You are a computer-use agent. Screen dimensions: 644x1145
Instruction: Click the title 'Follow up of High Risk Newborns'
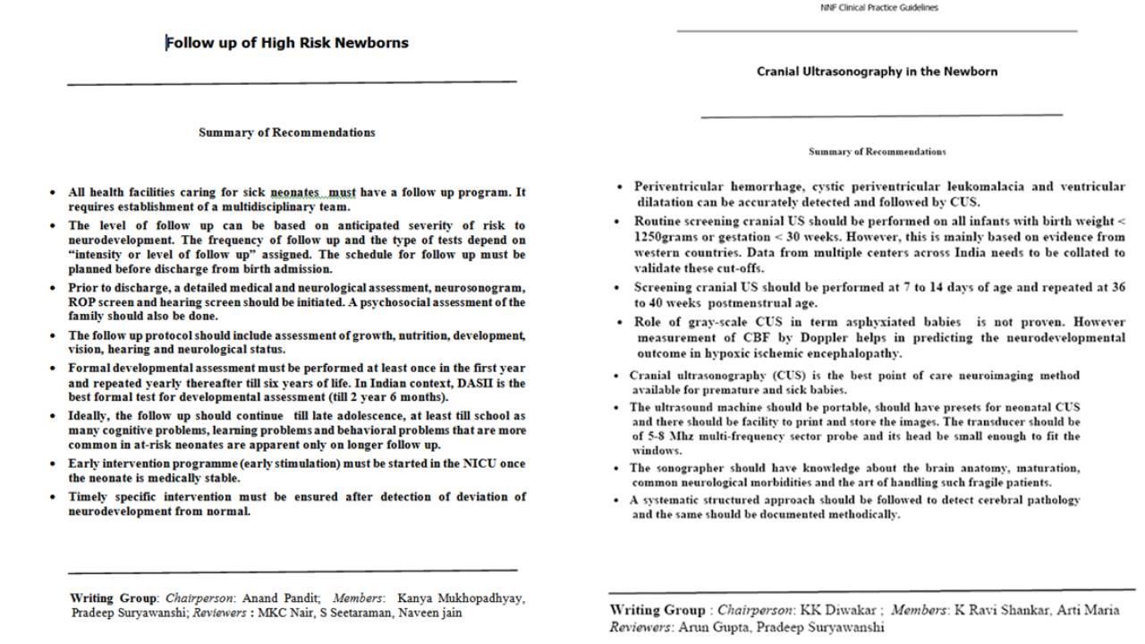(x=287, y=43)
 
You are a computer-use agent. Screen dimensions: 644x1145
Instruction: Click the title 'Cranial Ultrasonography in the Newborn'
(x=877, y=72)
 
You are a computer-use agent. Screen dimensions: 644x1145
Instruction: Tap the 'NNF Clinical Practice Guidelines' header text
(x=879, y=8)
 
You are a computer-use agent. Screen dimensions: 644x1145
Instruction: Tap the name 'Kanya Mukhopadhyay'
(x=462, y=597)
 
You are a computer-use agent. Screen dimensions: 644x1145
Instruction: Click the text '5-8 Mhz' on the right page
(x=666, y=436)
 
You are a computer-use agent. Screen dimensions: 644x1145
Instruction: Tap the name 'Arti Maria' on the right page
(x=1086, y=610)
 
